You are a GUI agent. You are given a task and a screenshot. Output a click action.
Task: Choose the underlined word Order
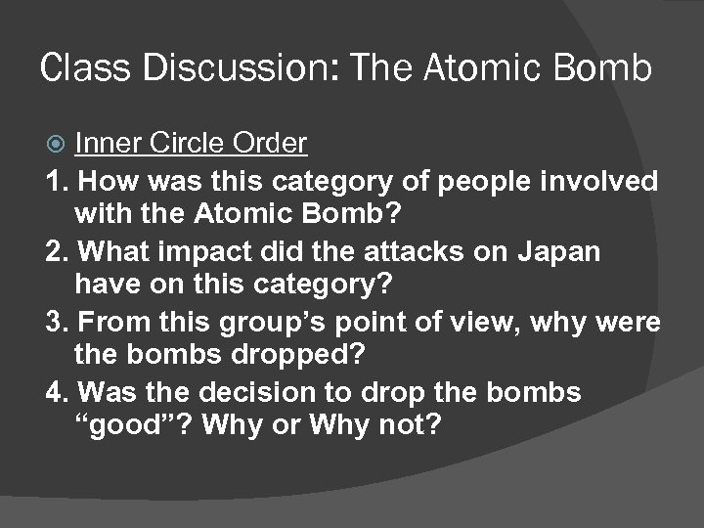[271, 145]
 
